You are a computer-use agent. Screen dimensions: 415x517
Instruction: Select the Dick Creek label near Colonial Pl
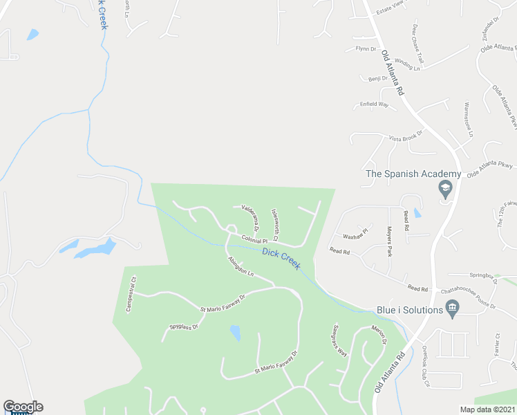281,259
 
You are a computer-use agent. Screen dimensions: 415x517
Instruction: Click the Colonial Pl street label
254,240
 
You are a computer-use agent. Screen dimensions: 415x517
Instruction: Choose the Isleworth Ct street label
275,221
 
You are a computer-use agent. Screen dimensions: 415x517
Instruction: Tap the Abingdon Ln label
241,266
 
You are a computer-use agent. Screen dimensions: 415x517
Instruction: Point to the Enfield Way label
374,105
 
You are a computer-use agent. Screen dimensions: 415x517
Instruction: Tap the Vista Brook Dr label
405,138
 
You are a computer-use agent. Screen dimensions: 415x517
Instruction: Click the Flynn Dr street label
366,49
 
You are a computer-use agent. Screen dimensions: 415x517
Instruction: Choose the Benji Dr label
379,79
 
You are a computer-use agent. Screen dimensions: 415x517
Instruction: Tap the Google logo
23,407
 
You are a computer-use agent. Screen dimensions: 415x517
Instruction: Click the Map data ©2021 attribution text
487,409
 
